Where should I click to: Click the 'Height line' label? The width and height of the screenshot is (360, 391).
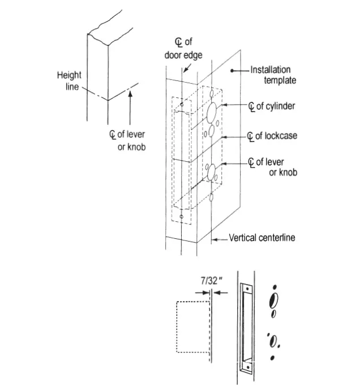pos(69,80)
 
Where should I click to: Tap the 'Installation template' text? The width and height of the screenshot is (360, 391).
pos(273,75)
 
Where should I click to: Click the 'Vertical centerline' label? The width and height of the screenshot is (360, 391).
pos(262,238)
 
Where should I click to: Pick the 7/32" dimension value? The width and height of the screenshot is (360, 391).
pos(211,280)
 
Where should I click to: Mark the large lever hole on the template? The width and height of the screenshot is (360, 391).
pos(211,172)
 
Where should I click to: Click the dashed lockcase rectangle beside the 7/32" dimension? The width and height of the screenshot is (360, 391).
pos(192,327)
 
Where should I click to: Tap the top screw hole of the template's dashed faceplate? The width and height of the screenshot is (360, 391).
pos(181,104)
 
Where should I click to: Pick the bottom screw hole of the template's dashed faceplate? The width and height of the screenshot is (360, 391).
pos(181,217)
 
